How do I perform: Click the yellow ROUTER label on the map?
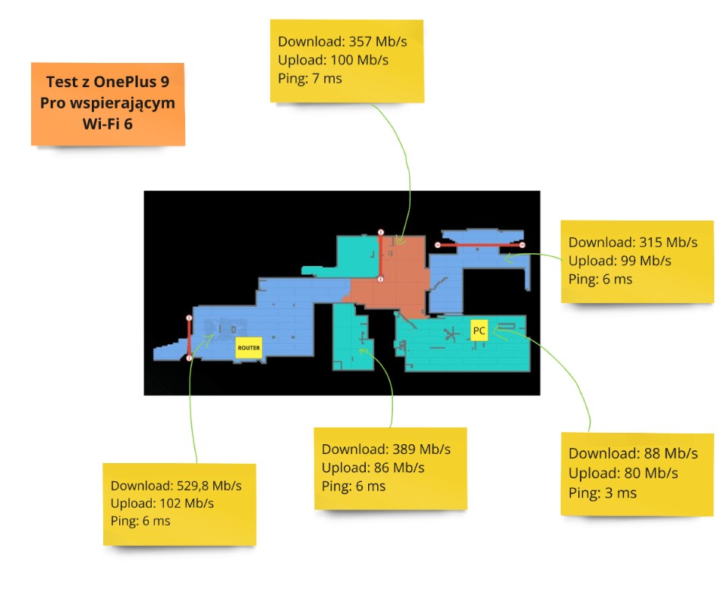pyautogui.click(x=249, y=348)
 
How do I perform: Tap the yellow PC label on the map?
pyautogui.click(x=479, y=330)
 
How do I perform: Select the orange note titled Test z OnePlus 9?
pyautogui.click(x=108, y=103)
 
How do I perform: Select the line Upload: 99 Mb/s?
pyautogui.click(x=620, y=261)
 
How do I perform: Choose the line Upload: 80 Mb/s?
pyautogui.click(x=623, y=473)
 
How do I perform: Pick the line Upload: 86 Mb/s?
pyautogui.click(x=373, y=468)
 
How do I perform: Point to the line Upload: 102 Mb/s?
pyautogui.click(x=162, y=503)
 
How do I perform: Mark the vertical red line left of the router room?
pyautogui.click(x=189, y=337)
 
